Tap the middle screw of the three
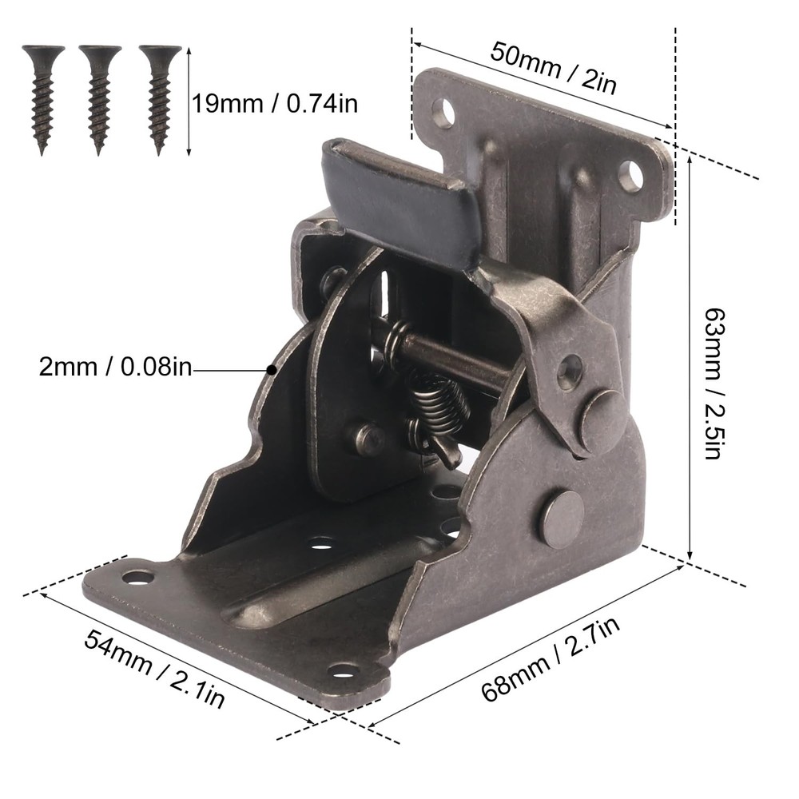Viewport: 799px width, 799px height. pyautogui.click(x=99, y=96)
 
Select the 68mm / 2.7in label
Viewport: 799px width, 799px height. pyautogui.click(x=551, y=654)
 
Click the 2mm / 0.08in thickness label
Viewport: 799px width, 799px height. pyautogui.click(x=115, y=369)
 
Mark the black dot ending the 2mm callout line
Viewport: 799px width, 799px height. pyautogui.click(x=272, y=370)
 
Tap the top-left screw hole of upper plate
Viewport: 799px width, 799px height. pyautogui.click(x=442, y=111)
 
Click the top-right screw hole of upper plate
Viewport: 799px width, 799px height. pyautogui.click(x=630, y=176)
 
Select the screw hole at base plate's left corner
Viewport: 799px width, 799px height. pyautogui.click(x=137, y=576)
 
